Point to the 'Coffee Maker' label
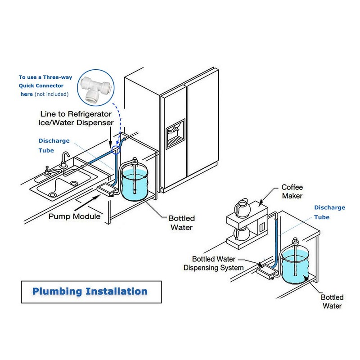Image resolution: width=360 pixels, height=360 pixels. pyautogui.click(x=293, y=191)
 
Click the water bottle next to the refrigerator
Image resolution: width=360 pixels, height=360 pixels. pyautogui.click(x=135, y=182)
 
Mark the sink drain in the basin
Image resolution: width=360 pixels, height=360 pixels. pyautogui.click(x=53, y=193)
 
